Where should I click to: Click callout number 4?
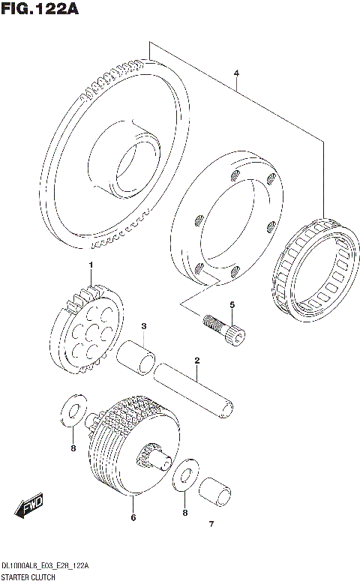pos(236,73)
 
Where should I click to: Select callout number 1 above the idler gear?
pos(91,265)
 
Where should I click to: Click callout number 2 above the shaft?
pos(196,361)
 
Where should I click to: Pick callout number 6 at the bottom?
pos(133,517)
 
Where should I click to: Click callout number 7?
pos(211,523)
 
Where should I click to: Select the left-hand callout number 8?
pos(73,449)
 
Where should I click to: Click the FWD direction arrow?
pos(31,508)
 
